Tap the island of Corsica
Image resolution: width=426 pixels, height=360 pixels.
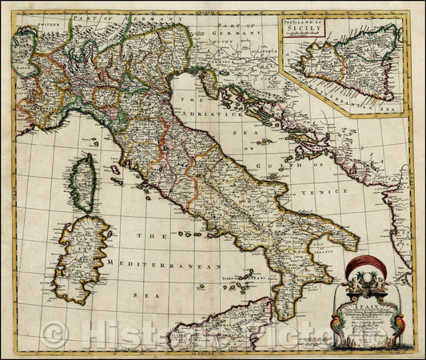pyautogui.click(x=82, y=182)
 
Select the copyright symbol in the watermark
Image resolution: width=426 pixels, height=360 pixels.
pyautogui.click(x=54, y=334)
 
